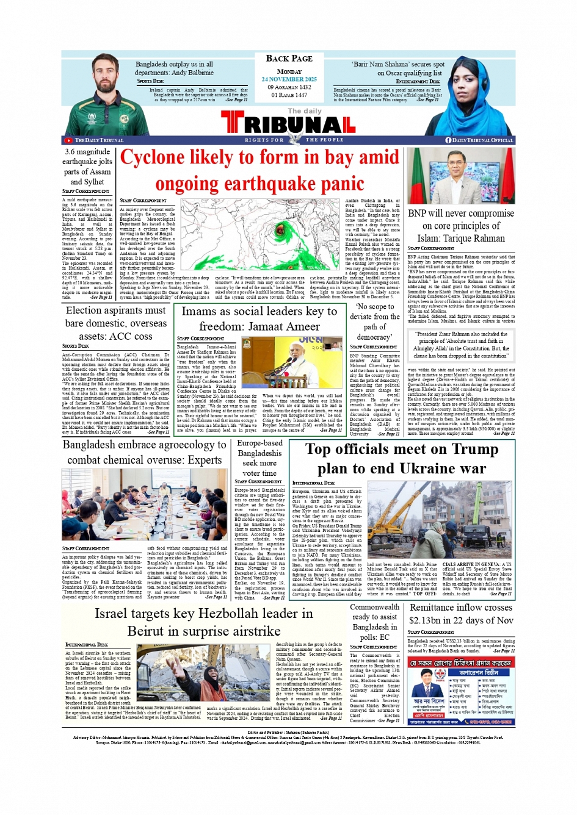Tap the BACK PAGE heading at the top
[x=289, y=59]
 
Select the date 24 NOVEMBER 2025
[x=289, y=79]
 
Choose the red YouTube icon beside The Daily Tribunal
[x=69, y=140]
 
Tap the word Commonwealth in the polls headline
[x=374, y=607]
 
